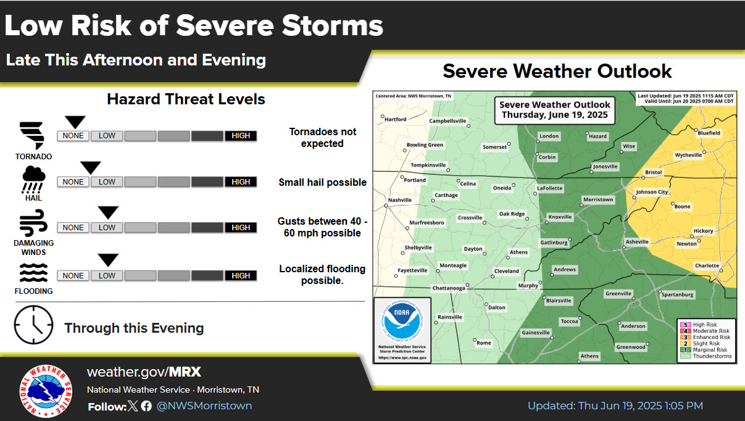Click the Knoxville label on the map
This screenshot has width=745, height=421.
tap(560, 217)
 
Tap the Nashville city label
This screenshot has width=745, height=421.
tap(399, 200)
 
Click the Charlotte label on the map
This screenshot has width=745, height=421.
tap(707, 265)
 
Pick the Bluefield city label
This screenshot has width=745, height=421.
tap(709, 133)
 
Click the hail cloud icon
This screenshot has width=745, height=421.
tap(33, 179)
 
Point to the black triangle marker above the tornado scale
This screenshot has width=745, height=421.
tap(75, 122)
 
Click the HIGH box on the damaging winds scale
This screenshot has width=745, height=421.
tap(241, 228)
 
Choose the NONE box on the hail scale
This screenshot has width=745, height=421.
tap(73, 182)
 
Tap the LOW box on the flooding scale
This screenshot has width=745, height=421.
tap(107, 276)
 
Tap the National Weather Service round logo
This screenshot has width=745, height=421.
tap(44, 390)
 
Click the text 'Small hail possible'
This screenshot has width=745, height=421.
tap(322, 183)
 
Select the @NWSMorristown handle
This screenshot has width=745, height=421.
tap(204, 406)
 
